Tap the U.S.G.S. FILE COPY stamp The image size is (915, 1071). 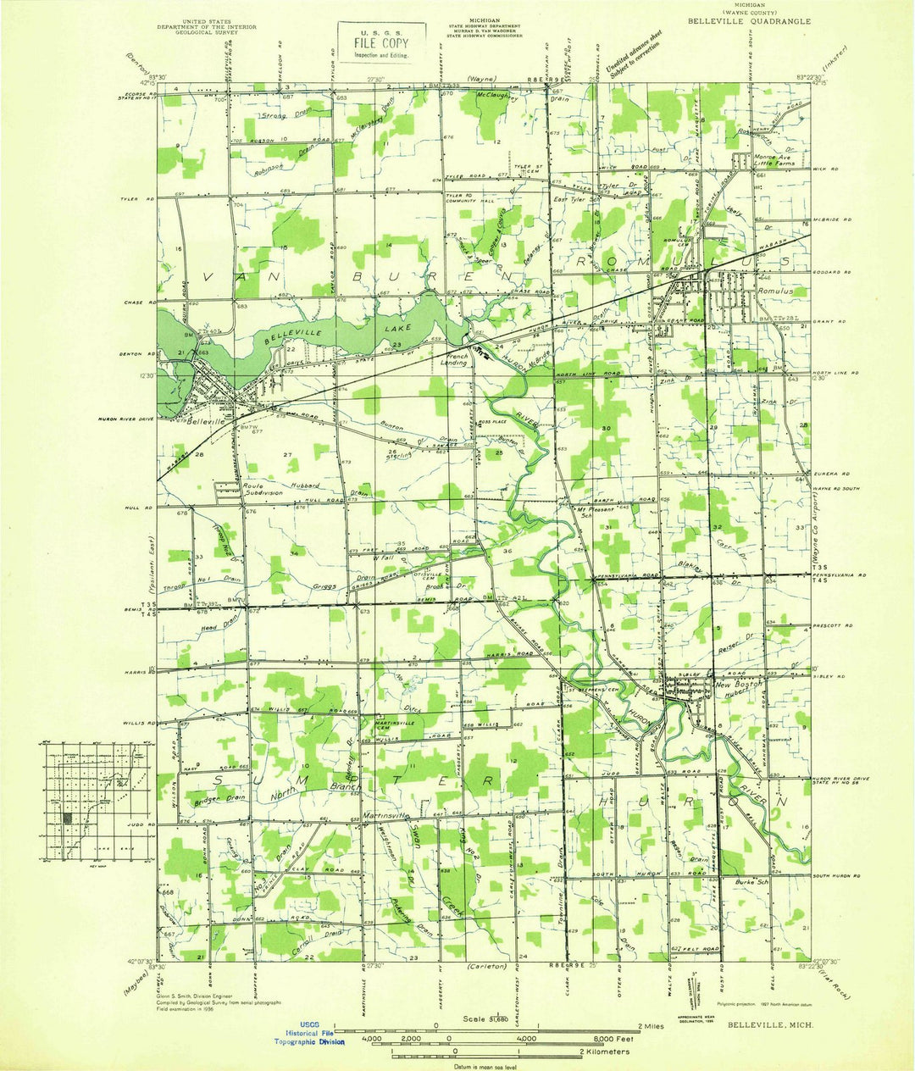(374, 42)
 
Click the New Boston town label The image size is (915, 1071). (739, 684)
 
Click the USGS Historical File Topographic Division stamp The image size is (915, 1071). (310, 1035)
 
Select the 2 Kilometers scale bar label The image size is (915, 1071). (602, 1052)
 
